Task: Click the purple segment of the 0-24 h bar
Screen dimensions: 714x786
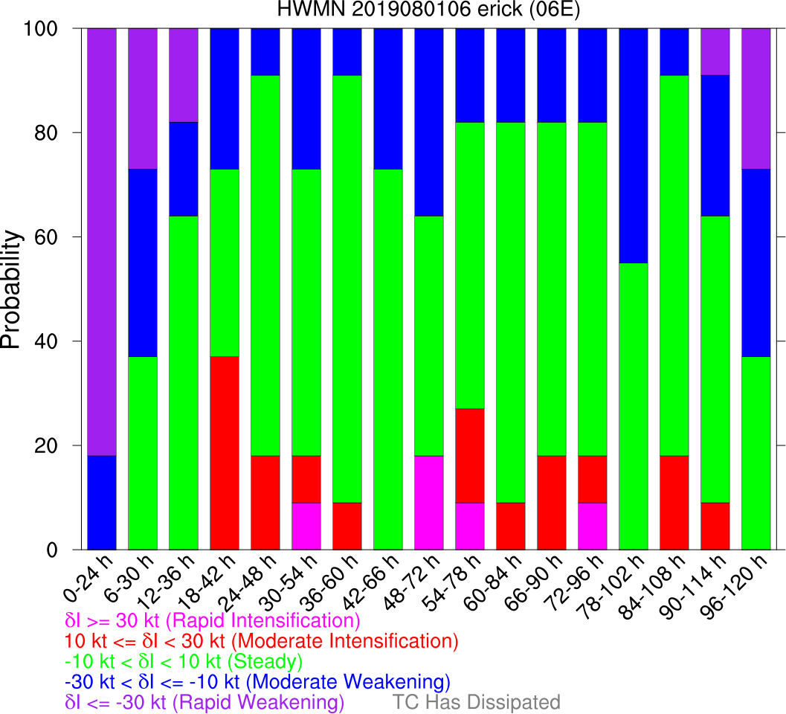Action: click(x=101, y=242)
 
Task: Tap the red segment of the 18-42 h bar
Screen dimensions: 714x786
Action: click(x=224, y=453)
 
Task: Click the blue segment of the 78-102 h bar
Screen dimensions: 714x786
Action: click(x=633, y=146)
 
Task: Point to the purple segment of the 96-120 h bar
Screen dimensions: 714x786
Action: click(x=756, y=98)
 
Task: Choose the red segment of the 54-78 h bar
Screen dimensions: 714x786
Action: click(x=469, y=456)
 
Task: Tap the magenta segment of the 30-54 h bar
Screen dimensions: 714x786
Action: click(x=306, y=527)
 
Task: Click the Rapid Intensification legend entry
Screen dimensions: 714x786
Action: click(x=213, y=620)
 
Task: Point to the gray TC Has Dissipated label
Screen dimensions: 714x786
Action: click(x=476, y=702)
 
